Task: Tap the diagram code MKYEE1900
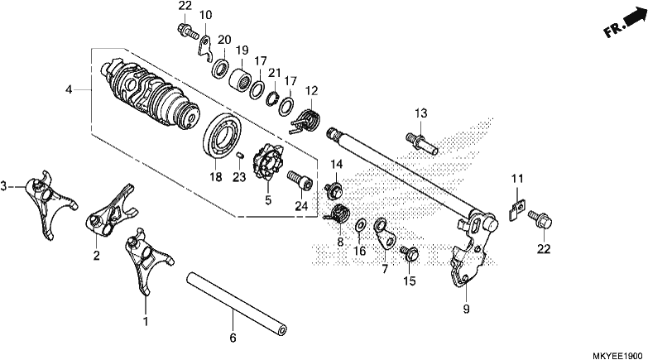coord(617,355)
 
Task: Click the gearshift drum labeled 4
coord(151,95)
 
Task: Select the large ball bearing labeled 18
coord(223,135)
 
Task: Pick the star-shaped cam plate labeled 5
coord(268,163)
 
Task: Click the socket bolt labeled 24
coord(300,180)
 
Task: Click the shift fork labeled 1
coord(148,262)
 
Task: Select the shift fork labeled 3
coord(50,203)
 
